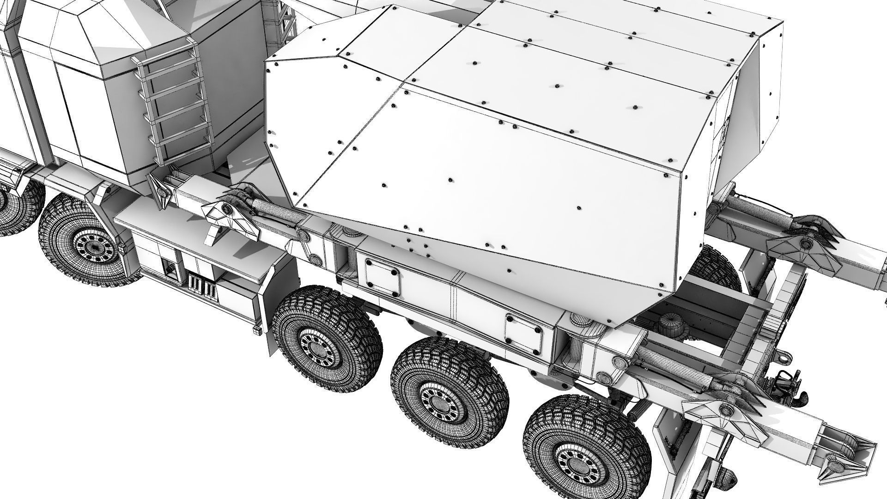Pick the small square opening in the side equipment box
(x=171, y=269)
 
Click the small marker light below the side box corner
(x=257, y=331)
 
